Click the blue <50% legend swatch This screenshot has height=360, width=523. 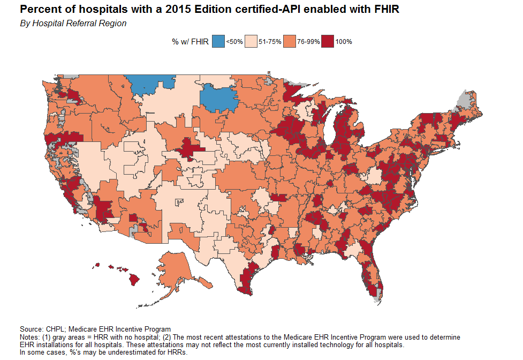pos(218,41)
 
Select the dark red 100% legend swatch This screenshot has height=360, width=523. pos(328,41)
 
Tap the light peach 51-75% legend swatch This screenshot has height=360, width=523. pos(251,41)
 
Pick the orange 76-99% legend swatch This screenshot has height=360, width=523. pos(290,41)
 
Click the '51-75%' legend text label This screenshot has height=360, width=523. pos(270,42)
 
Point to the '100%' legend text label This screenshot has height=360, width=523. pos(343,42)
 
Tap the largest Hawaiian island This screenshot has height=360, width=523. pos(134,279)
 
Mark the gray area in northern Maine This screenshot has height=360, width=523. pos(464,100)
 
